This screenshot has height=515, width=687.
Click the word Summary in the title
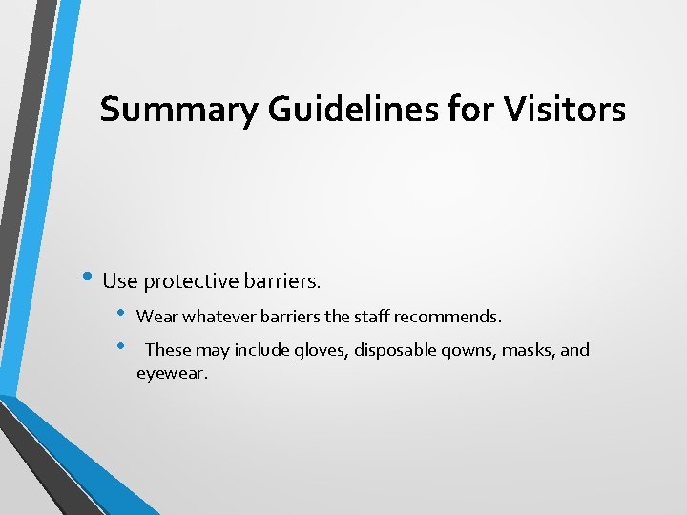click(178, 110)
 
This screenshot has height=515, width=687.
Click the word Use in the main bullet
click(119, 280)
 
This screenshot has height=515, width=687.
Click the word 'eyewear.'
click(172, 373)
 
